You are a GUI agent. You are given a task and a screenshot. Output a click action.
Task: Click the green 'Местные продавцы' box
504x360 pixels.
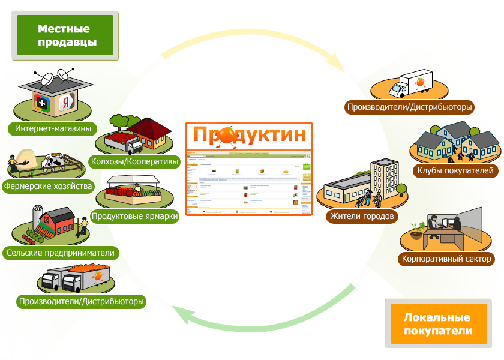pos(64,35)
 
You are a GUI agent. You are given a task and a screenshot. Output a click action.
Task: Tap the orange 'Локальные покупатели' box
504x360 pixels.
pos(437,325)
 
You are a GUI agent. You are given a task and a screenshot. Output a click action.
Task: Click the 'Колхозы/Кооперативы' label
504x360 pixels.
pos(135,161)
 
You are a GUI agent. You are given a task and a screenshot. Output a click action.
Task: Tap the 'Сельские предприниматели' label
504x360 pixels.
pos(60,253)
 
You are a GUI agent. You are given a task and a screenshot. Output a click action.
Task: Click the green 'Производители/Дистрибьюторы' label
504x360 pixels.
pos(82,301)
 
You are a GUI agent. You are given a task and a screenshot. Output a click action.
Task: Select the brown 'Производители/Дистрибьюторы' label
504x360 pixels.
pos(410,107)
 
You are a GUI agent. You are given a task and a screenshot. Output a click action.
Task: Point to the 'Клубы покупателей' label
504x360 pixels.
pos(455,171)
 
